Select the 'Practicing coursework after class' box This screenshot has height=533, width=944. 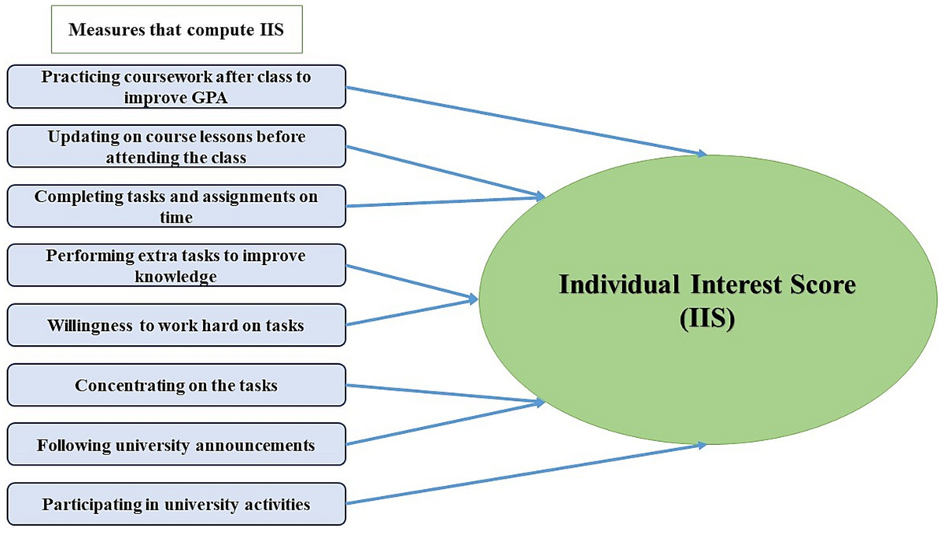[x=176, y=86]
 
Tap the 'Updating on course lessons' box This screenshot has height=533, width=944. [x=176, y=147]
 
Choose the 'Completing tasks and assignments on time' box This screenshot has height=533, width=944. [x=176, y=206]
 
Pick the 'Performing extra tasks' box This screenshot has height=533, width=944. [x=176, y=266]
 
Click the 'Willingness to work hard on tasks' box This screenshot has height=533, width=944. [x=176, y=325]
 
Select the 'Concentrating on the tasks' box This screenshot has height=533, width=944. [x=176, y=385]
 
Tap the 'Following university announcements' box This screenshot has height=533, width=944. [x=176, y=445]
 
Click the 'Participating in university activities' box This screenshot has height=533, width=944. [x=176, y=504]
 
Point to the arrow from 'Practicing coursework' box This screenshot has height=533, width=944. [x=527, y=121]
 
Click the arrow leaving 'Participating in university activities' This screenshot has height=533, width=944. [x=527, y=474]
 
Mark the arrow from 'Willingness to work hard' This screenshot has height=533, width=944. [x=413, y=311]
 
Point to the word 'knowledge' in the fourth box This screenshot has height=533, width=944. [x=176, y=276]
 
